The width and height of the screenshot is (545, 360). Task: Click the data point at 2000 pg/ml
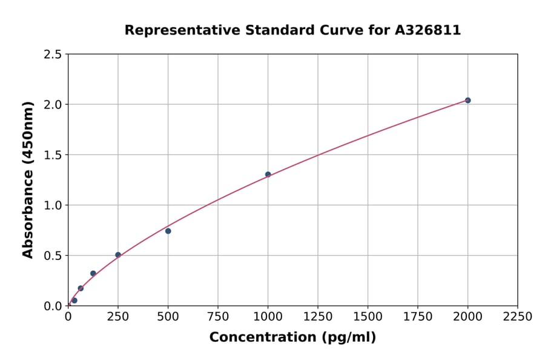click(x=467, y=100)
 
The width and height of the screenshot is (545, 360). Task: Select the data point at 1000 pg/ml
click(x=268, y=175)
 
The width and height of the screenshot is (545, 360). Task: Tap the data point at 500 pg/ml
click(x=168, y=231)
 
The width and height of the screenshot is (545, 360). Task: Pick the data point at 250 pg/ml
click(x=118, y=255)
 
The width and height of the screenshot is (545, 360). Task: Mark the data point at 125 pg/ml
click(x=93, y=273)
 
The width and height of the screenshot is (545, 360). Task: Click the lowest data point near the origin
click(x=74, y=301)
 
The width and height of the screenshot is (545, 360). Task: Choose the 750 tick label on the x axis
click(x=218, y=317)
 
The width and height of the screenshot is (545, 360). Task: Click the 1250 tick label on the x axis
click(x=318, y=317)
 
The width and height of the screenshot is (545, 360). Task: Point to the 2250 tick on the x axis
click(x=518, y=317)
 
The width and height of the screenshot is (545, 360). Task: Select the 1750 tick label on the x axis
click(x=418, y=317)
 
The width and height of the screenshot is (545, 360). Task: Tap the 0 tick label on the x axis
click(x=68, y=317)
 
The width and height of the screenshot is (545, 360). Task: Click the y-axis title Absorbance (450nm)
click(x=28, y=179)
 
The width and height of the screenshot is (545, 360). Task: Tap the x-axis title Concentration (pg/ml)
click(x=292, y=338)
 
